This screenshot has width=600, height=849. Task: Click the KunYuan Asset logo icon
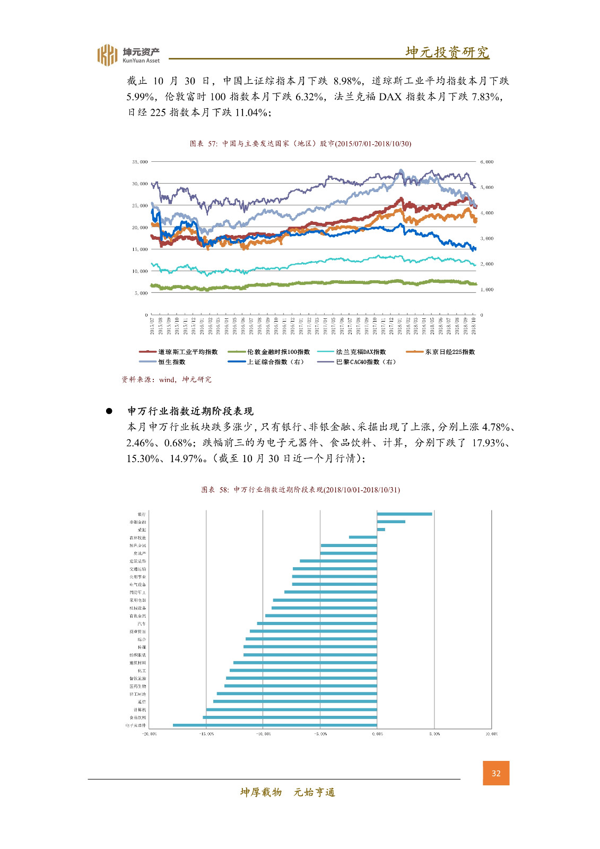(x=107, y=55)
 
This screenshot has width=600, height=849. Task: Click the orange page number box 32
(x=495, y=773)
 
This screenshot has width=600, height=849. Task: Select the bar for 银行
(x=404, y=514)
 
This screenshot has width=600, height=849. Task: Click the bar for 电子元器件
(x=275, y=725)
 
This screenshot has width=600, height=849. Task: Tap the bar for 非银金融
(x=391, y=522)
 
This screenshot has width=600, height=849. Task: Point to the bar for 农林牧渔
(x=363, y=537)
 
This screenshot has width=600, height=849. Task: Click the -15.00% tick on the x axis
(x=206, y=734)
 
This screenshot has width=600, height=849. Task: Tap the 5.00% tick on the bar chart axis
(x=434, y=734)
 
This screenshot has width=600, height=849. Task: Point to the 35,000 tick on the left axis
(x=140, y=162)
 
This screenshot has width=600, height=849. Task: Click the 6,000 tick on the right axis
(x=486, y=162)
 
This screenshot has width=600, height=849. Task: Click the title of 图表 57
(x=300, y=144)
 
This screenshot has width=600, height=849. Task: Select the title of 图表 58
(x=300, y=490)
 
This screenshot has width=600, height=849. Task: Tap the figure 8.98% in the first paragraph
(x=348, y=81)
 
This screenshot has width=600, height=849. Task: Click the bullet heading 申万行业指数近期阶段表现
(x=190, y=411)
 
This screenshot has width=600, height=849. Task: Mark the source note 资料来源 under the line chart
(x=167, y=379)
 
